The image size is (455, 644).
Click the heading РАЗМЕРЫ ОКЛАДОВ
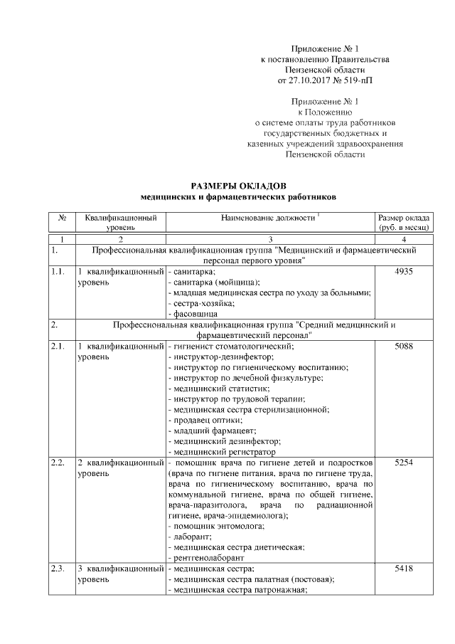tap(237, 184)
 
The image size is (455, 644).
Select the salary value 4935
tap(402, 272)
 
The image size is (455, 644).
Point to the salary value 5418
tap(402, 569)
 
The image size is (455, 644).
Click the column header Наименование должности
tap(268, 217)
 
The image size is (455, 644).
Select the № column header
tap(62, 217)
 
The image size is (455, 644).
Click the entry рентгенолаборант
tap(208, 558)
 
